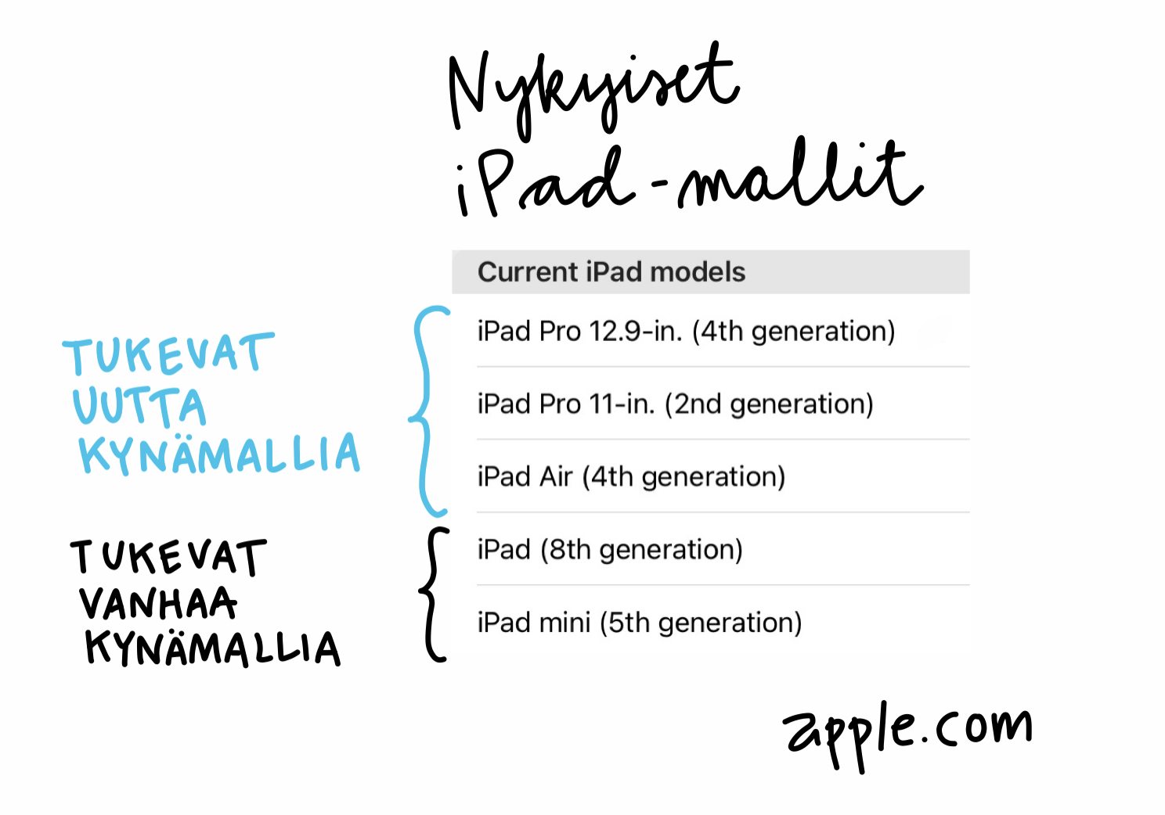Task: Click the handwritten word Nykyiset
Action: coord(593,91)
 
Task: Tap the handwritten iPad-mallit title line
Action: coord(689,179)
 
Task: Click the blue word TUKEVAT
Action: coord(168,354)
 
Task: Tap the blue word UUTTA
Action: coord(139,406)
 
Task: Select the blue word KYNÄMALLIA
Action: coord(219,454)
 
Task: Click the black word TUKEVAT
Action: coord(168,557)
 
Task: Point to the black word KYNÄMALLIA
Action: coord(213,648)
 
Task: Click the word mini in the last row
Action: coord(564,622)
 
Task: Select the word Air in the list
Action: coord(555,476)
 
